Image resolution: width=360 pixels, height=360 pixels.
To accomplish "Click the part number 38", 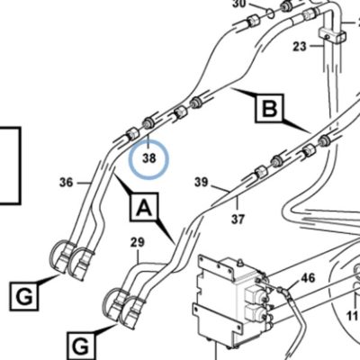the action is [149, 157].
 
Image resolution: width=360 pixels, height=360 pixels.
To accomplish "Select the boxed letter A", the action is [144, 207].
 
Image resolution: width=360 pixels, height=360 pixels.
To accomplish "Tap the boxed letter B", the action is [269, 108].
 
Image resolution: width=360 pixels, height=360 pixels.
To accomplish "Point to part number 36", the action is [67, 182].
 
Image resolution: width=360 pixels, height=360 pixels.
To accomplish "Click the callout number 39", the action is [201, 182].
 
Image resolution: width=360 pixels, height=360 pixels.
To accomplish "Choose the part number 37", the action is [238, 219].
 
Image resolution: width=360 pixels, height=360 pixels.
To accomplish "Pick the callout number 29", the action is [138, 242].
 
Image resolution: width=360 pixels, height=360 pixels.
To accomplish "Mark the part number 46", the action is [308, 278].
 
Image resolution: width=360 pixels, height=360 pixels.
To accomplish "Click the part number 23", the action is [300, 47].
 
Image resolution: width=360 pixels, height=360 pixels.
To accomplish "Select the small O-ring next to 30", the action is [270, 13].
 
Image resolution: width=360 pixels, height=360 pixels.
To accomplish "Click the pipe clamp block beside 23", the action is [332, 34].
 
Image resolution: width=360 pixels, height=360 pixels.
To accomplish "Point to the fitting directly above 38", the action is [148, 123].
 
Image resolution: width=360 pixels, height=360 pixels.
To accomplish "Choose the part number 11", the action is [354, 315].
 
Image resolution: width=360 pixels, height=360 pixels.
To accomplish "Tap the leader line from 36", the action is [84, 183].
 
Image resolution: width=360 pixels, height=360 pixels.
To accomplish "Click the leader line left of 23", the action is [316, 46].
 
